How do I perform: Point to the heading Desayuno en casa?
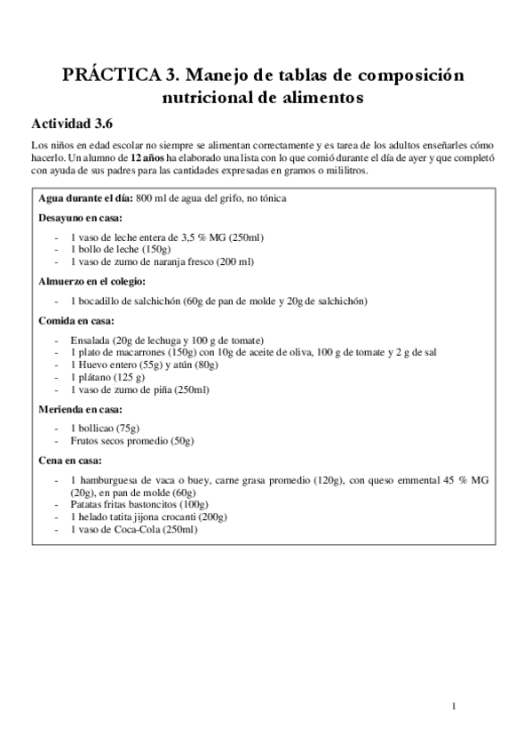click(80, 217)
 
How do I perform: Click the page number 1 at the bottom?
click(453, 708)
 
